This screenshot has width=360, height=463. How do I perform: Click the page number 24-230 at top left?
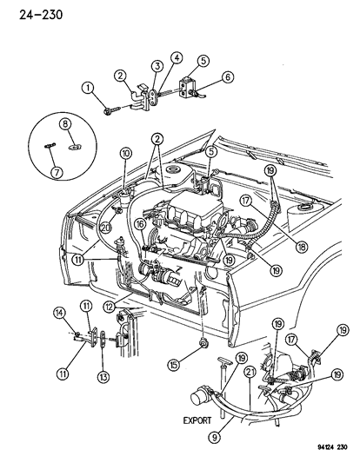[x=27, y=12]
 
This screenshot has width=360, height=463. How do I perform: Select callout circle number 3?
[x=157, y=67]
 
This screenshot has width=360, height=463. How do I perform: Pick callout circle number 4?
[x=177, y=59]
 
